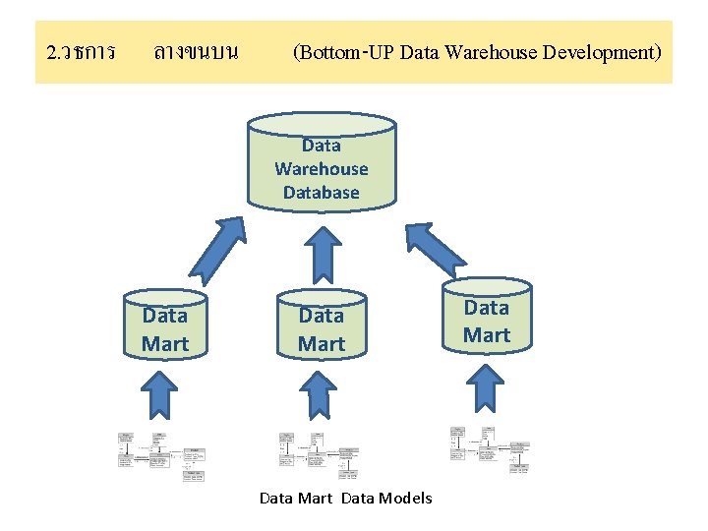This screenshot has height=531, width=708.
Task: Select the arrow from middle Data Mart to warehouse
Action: (x=322, y=252)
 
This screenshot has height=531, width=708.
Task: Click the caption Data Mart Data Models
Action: (x=345, y=499)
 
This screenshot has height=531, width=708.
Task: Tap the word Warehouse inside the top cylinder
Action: (x=322, y=169)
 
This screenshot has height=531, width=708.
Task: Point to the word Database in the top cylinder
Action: (x=322, y=193)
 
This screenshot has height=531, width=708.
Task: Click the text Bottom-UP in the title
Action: (x=347, y=51)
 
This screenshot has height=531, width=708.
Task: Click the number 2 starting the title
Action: (x=51, y=51)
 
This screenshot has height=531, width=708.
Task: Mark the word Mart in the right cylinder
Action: (x=487, y=335)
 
